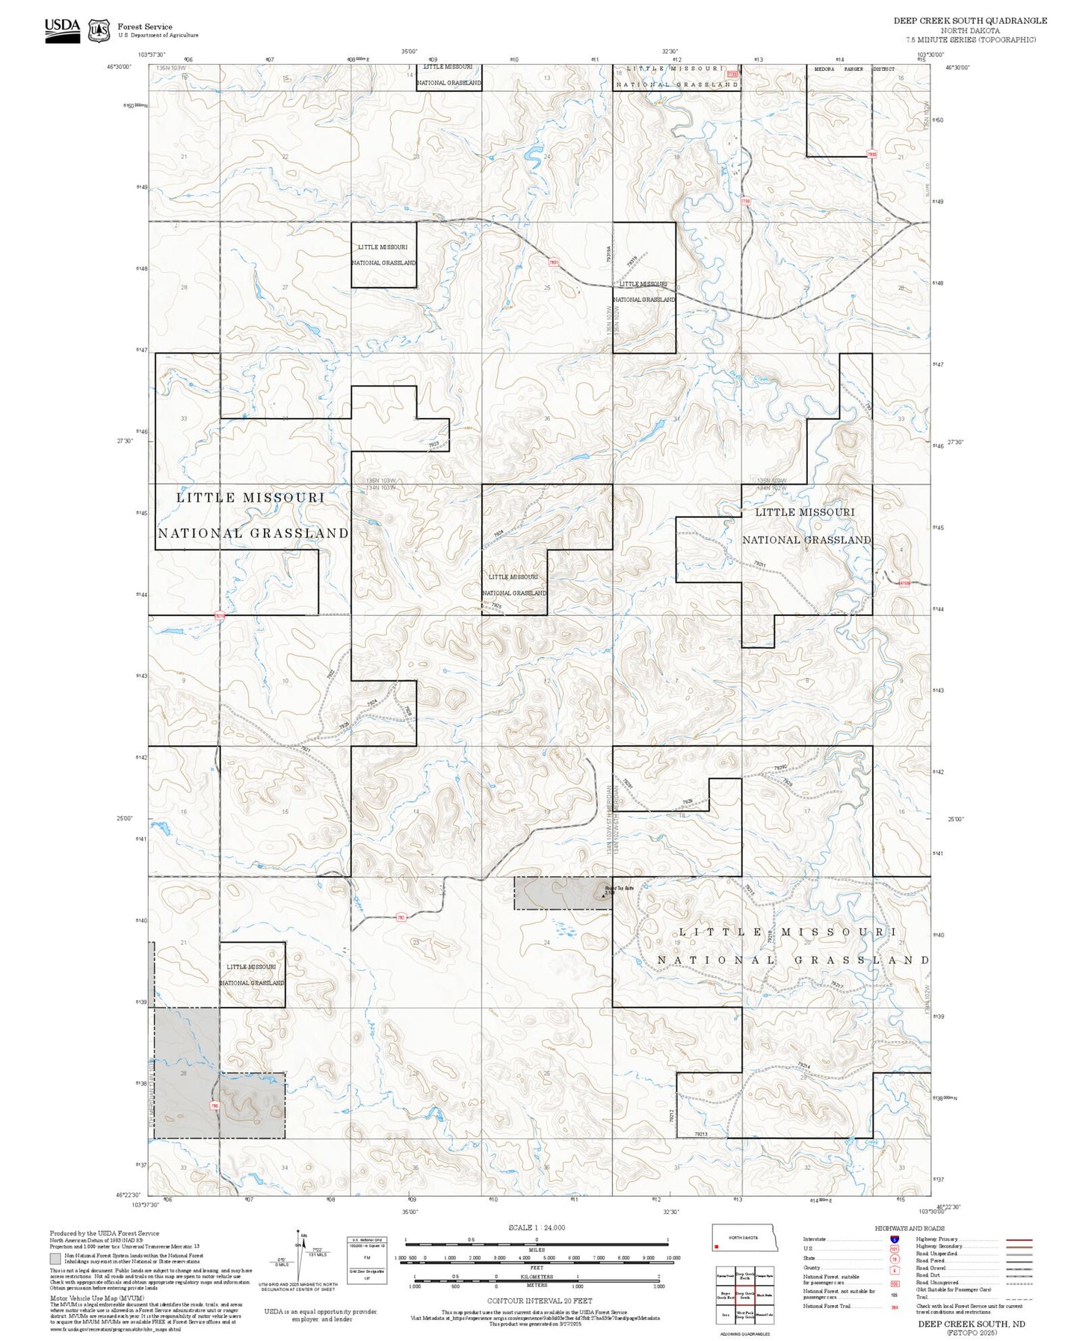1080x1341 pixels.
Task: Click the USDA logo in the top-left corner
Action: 62,30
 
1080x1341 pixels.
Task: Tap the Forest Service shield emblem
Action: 99,31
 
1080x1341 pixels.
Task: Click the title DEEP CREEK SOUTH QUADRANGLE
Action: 970,21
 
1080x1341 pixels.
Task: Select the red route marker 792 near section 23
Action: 401,918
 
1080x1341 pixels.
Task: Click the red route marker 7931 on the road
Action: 554,262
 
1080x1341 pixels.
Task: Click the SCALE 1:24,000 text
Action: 537,1227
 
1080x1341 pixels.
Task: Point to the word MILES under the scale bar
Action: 537,1249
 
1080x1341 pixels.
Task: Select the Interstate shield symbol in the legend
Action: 894,1239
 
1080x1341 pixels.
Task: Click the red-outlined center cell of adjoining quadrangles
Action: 744,1295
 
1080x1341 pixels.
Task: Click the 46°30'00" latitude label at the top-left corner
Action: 119,67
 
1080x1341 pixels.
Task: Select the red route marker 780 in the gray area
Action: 215,1105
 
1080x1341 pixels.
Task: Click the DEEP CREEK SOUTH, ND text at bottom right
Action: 972,1324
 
